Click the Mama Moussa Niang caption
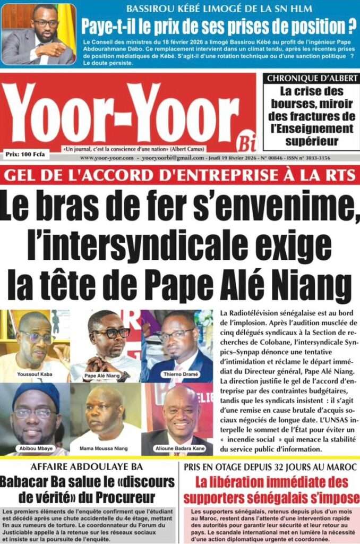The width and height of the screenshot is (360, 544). [105, 448]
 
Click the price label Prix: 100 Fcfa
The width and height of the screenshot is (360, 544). [27, 155]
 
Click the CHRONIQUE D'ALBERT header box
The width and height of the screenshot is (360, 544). [312, 78]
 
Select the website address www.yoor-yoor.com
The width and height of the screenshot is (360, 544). [107, 158]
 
